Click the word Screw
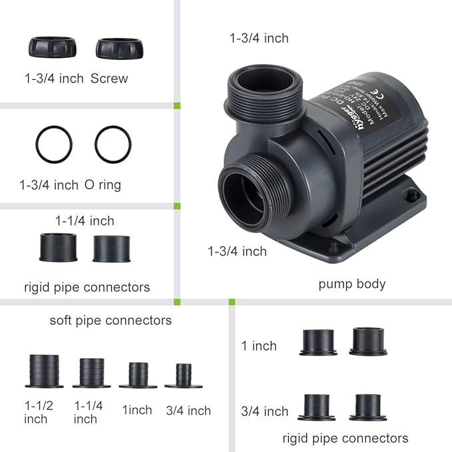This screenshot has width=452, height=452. pos(109,79)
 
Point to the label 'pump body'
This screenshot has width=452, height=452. pos(351,284)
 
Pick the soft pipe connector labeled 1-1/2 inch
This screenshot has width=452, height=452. pos(45,371)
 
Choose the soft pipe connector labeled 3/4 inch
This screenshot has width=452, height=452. pos(183,375)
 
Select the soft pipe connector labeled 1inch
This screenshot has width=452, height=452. pos(138,375)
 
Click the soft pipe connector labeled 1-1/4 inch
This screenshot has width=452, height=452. pos(91,373)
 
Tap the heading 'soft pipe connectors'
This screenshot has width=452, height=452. pos(111,320)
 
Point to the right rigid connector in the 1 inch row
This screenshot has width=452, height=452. pos(368,341)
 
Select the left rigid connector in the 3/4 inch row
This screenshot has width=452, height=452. pos(318,407)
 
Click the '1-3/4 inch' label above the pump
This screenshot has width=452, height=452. pos(259,38)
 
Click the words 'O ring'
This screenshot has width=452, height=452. pos(103,184)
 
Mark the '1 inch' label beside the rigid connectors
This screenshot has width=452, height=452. pos(259,346)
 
